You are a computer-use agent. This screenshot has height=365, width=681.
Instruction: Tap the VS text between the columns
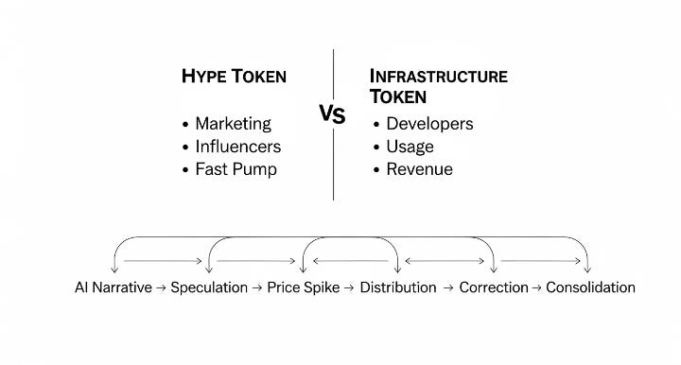click(332, 115)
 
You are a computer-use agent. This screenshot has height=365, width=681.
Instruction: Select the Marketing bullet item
click(233, 124)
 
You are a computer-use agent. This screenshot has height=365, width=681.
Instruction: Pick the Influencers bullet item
click(237, 147)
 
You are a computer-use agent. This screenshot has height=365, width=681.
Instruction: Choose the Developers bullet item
click(428, 124)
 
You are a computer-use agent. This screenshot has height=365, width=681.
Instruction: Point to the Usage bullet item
click(410, 147)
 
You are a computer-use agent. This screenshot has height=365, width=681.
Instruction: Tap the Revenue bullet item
click(419, 169)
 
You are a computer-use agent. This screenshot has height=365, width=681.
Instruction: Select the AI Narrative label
click(113, 287)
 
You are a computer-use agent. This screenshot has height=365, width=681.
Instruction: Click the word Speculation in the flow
click(209, 287)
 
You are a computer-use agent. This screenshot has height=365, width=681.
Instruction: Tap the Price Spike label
click(304, 287)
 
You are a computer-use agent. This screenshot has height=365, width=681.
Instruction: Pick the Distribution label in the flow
click(398, 287)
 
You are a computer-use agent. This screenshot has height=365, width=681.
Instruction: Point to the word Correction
click(493, 287)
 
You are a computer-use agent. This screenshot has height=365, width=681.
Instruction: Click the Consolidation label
click(590, 287)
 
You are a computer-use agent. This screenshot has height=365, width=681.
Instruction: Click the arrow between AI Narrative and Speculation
click(161, 287)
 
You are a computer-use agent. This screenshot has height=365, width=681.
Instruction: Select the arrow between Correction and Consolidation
click(536, 287)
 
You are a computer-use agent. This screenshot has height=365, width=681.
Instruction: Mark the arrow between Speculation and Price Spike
click(257, 287)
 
